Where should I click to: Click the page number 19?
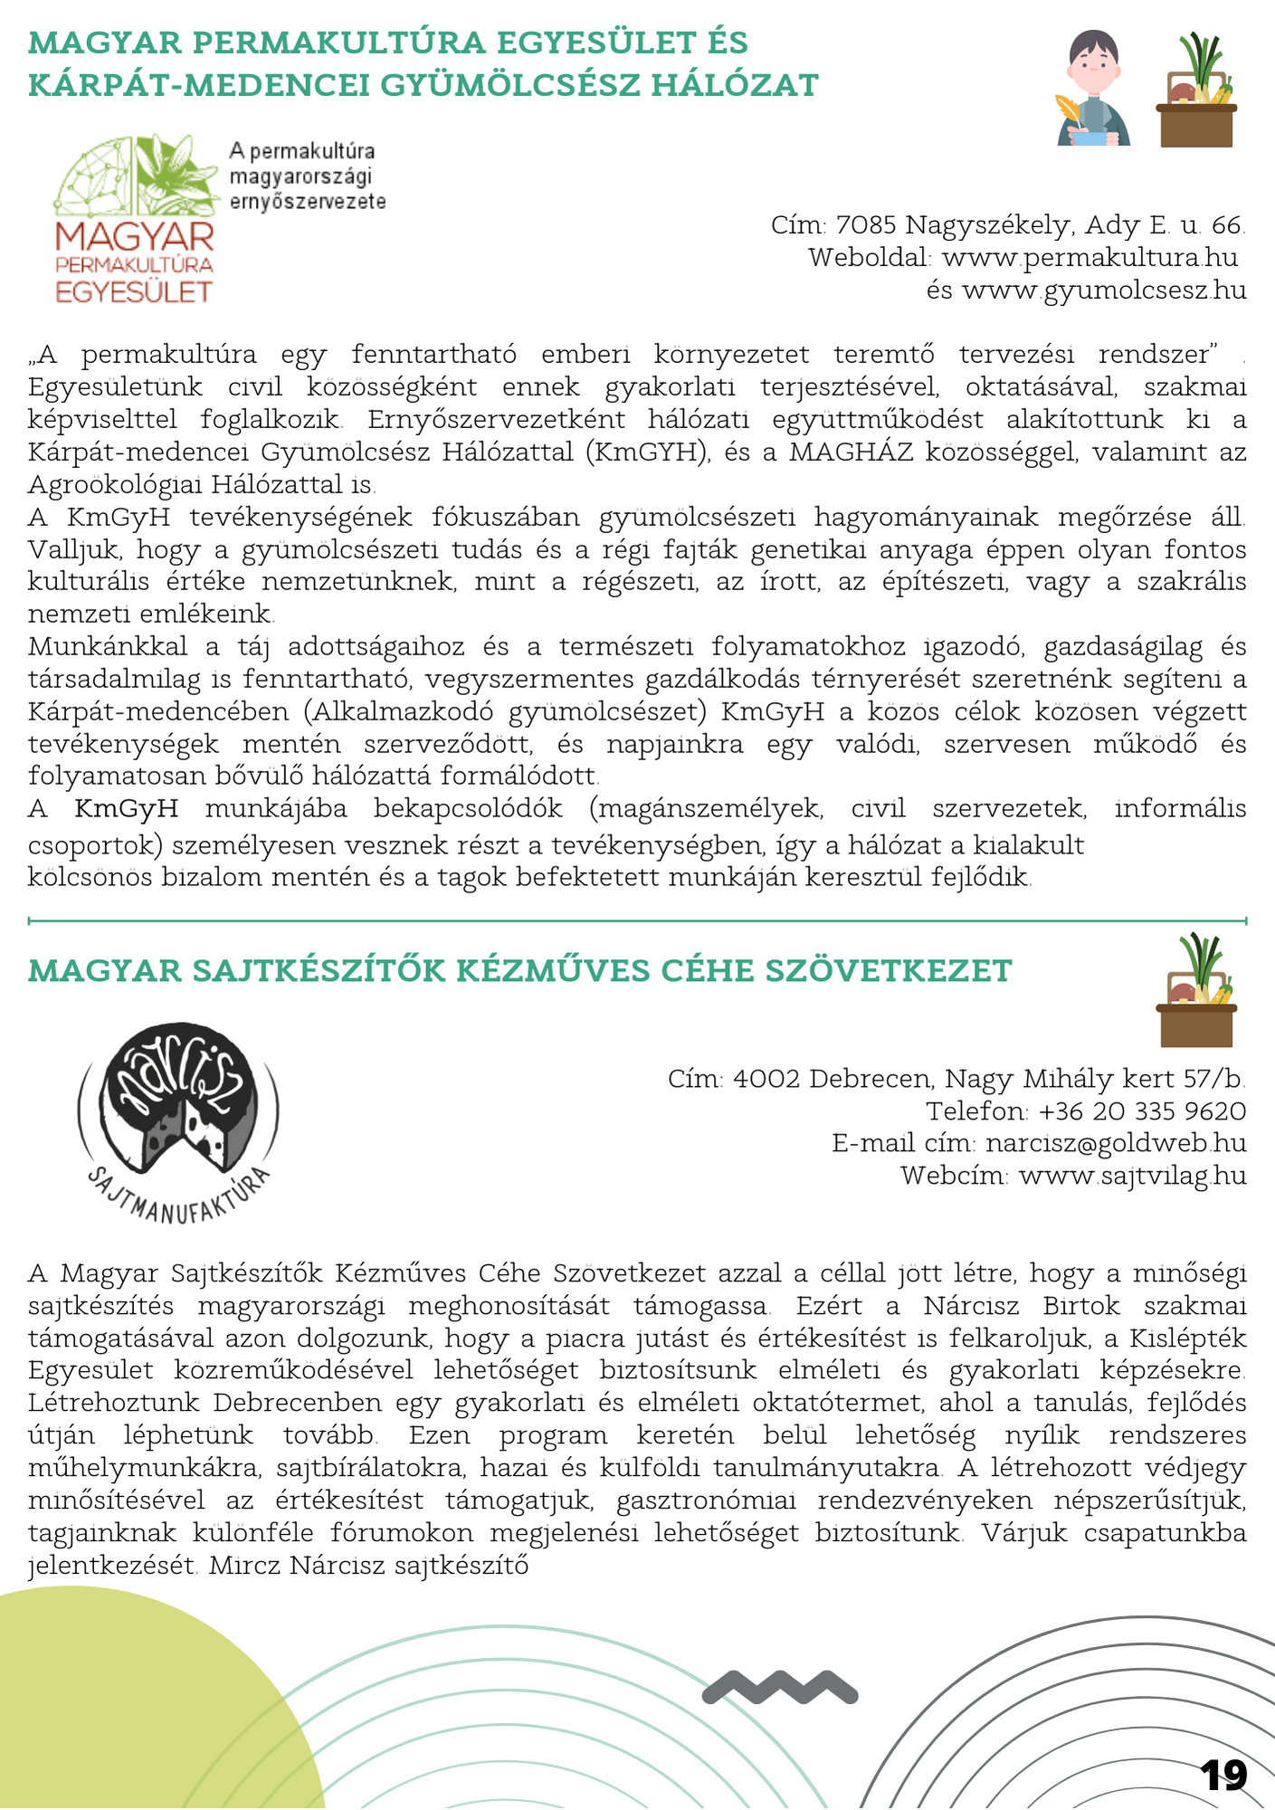[x=1223, y=1776]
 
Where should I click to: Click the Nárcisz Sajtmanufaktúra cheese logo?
[x=179, y=1120]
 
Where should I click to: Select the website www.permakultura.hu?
[x=1089, y=258]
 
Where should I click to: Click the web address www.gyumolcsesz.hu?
[x=1104, y=291]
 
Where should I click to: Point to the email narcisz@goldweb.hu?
[x=1116, y=1143]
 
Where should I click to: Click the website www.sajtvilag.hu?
[x=1132, y=1176]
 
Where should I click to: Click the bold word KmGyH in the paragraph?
[x=126, y=809]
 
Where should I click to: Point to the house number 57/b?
[x=1214, y=1079]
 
